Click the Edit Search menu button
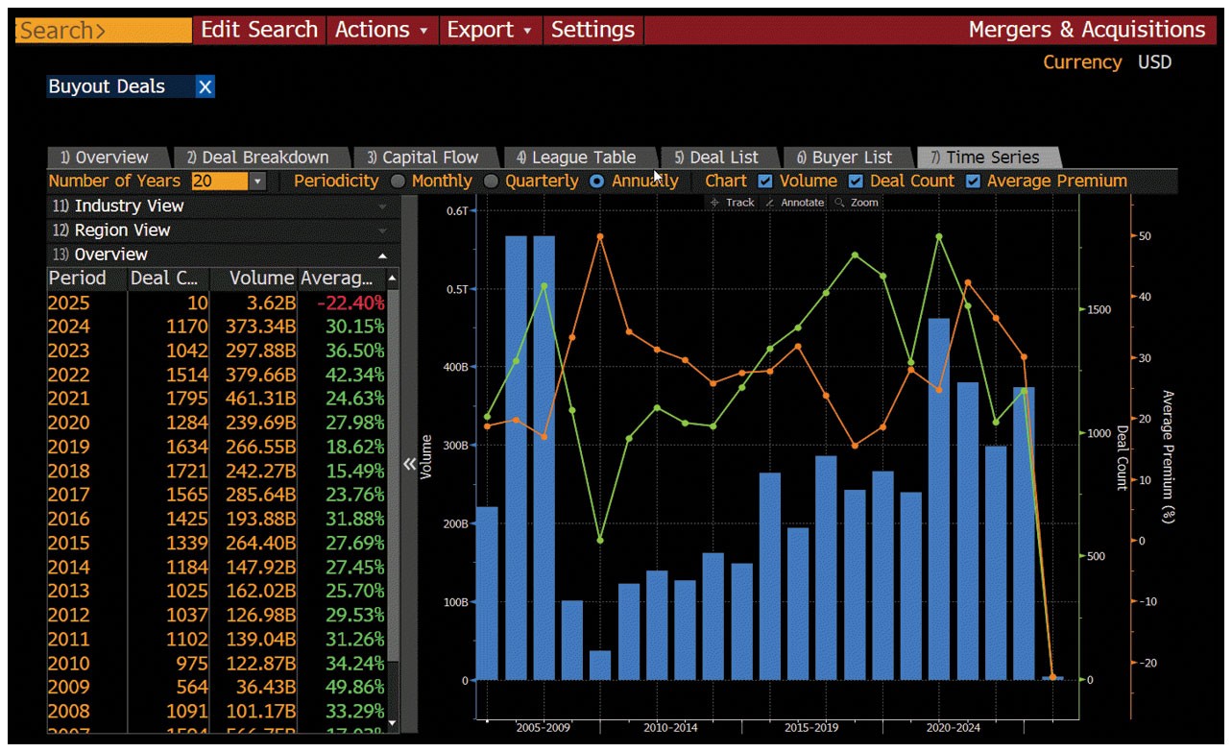pyautogui.click(x=258, y=30)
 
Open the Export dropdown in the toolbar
pyautogui.click(x=488, y=30)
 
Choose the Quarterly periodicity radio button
pyautogui.click(x=491, y=182)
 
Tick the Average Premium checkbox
pyautogui.click(x=973, y=182)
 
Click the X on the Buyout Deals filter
pyautogui.click(x=205, y=87)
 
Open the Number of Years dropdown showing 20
pyautogui.click(x=257, y=182)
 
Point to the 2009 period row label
pyautogui.click(x=69, y=688)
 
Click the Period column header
pyautogui.click(x=78, y=279)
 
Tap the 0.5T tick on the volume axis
pyautogui.click(x=456, y=289)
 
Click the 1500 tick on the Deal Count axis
pyautogui.click(x=1099, y=310)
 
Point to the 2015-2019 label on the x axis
pyautogui.click(x=812, y=728)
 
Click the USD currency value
pyautogui.click(x=1154, y=62)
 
